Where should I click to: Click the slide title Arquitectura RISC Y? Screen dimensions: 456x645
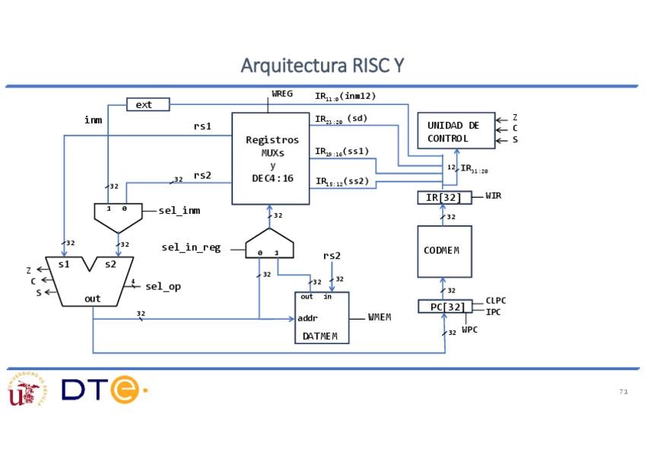click(x=322, y=66)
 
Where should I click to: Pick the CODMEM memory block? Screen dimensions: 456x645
click(x=444, y=251)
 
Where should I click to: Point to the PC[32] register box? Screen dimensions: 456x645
click(x=444, y=307)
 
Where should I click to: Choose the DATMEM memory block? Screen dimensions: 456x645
click(x=322, y=317)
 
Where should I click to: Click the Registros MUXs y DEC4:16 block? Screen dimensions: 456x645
click(x=271, y=158)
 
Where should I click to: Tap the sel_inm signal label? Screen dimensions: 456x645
click(x=180, y=211)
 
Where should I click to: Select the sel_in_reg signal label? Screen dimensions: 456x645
click(x=191, y=247)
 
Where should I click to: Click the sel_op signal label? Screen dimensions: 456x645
click(x=163, y=287)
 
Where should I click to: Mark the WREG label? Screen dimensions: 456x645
click(x=282, y=94)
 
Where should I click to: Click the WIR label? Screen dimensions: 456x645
click(x=494, y=196)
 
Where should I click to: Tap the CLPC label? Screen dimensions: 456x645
click(x=496, y=301)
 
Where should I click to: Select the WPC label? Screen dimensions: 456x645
click(x=469, y=331)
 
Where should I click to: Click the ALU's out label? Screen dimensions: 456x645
click(x=92, y=299)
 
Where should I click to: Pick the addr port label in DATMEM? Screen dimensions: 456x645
click(x=308, y=318)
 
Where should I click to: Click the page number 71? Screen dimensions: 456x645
click(x=624, y=391)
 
